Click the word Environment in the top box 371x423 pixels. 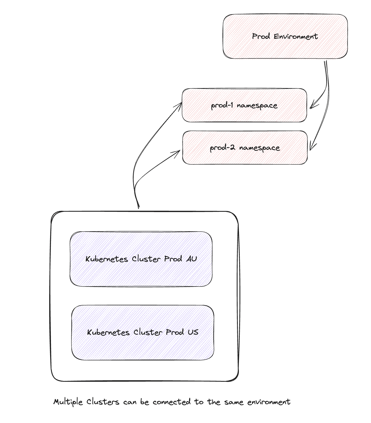(x=296, y=36)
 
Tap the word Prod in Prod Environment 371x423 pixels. (x=261, y=36)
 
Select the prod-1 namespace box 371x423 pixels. (x=244, y=105)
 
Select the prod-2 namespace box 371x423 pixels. (x=245, y=148)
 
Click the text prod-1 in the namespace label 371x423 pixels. (x=222, y=105)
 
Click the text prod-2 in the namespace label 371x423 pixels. (x=222, y=148)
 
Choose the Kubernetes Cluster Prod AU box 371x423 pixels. (x=141, y=259)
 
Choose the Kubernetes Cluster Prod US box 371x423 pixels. (x=143, y=332)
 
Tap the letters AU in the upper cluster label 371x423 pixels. (x=191, y=259)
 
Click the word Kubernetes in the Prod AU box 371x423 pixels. (x=107, y=259)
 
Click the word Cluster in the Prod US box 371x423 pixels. (x=148, y=332)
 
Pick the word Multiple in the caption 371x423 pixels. (x=68, y=402)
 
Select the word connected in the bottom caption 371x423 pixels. (x=172, y=402)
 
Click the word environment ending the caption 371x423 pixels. (x=269, y=402)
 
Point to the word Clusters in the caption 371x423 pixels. (x=103, y=402)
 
